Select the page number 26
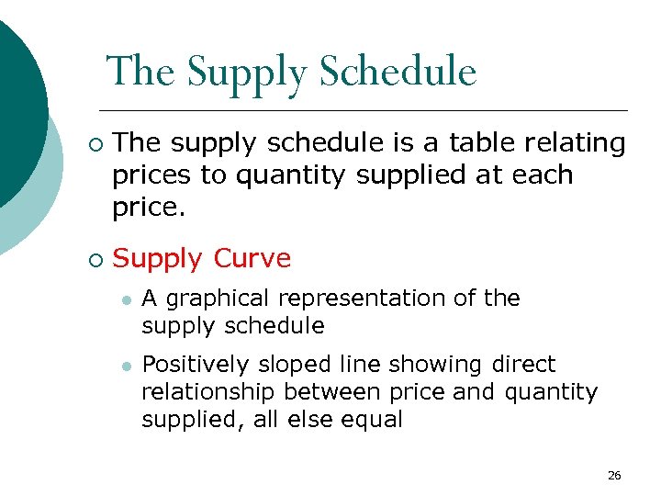click(614, 475)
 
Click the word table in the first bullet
click(481, 142)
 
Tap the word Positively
click(194, 365)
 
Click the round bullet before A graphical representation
click(126, 299)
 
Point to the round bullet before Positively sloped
click(126, 366)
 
